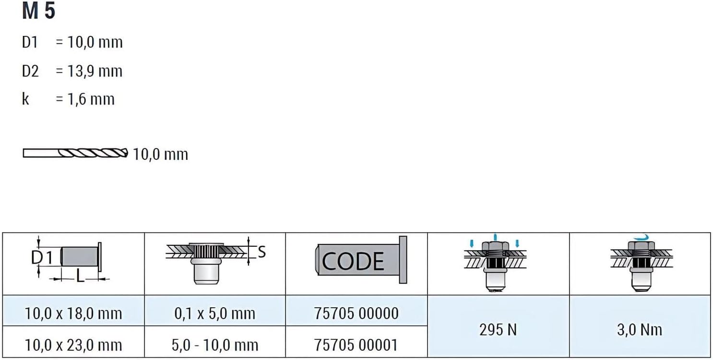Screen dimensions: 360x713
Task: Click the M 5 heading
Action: point(38,12)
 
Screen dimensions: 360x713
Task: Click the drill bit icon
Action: point(75,153)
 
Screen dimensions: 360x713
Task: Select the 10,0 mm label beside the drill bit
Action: point(160,155)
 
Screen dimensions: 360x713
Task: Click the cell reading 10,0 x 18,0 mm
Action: point(73,314)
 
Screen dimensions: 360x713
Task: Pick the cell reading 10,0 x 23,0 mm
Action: point(73,345)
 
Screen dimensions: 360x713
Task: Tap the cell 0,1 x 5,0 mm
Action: point(215,314)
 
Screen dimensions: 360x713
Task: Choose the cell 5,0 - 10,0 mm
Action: point(215,345)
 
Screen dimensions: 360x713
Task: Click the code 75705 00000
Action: point(356,313)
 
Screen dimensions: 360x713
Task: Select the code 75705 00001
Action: point(356,345)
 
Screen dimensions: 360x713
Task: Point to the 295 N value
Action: point(498,329)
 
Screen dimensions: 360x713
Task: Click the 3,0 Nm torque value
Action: point(640,329)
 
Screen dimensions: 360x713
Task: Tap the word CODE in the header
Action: point(353,261)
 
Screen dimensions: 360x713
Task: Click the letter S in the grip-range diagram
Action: point(261,252)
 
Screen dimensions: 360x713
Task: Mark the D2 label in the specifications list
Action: point(30,72)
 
